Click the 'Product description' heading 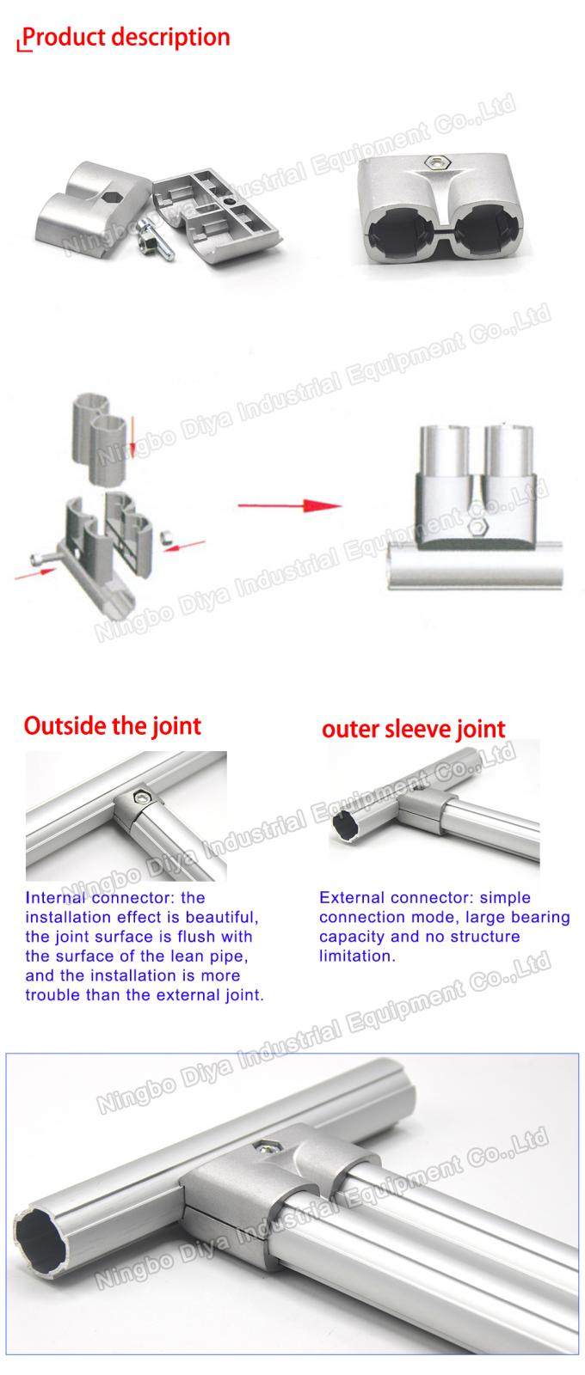[126, 38]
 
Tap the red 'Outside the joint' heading [112, 726]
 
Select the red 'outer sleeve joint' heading [413, 730]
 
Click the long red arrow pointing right [289, 505]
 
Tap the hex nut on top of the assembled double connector [414, 161]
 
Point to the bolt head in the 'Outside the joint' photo [138, 798]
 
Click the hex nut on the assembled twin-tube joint [477, 527]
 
